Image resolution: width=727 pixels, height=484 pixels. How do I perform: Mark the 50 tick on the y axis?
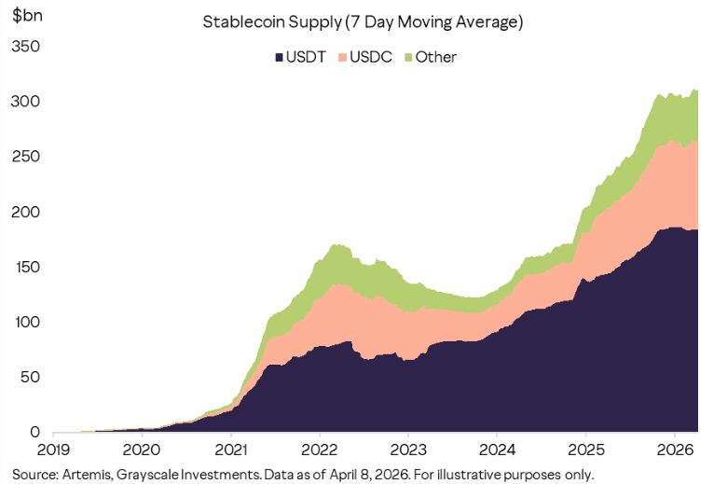pyautogui.click(x=30, y=377)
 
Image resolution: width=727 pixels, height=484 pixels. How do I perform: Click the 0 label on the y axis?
pyautogui.click(x=34, y=432)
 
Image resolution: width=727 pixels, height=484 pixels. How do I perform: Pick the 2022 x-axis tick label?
pyautogui.click(x=320, y=449)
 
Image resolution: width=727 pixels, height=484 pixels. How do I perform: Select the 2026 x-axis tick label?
pyautogui.click(x=673, y=449)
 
